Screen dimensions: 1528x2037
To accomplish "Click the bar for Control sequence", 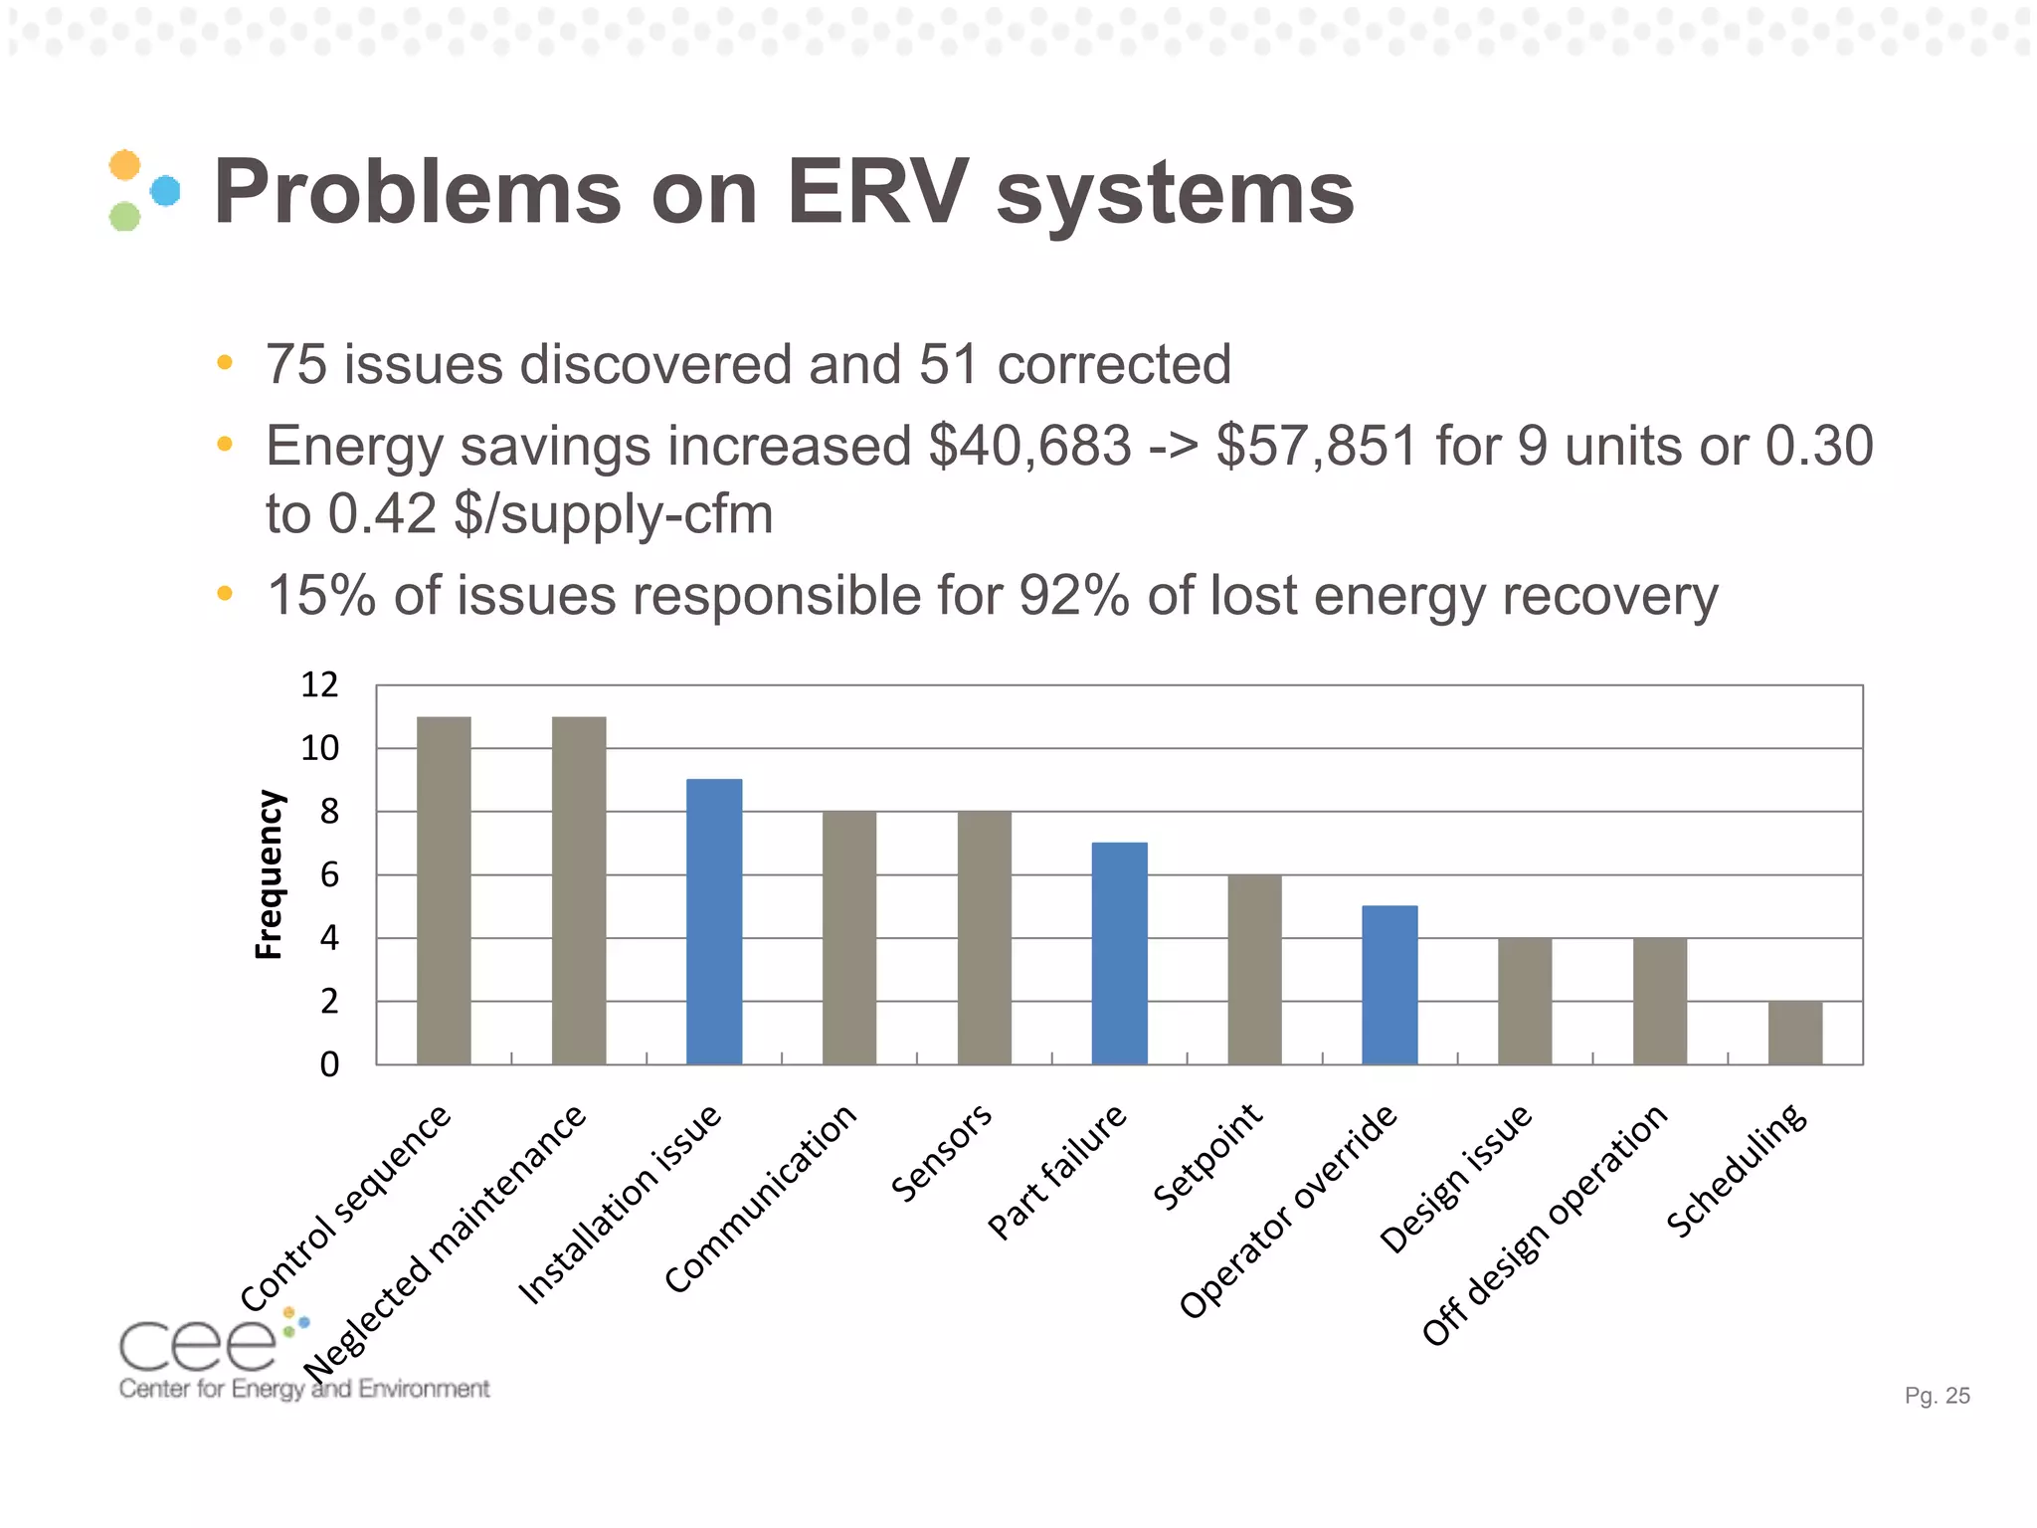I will pyautogui.click(x=444, y=890).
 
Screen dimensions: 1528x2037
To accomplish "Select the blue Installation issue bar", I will pyautogui.click(x=714, y=921).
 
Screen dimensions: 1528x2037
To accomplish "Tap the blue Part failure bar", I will pyautogui.click(x=1119, y=953).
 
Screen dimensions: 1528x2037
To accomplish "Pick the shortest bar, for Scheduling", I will pyautogui.click(x=1794, y=1033).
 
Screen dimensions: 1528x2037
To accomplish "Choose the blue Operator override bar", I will pyautogui.click(x=1389, y=985).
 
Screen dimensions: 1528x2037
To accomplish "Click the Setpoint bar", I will pyautogui.click(x=1254, y=969).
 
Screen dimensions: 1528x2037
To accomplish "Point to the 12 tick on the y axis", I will pyautogui.click(x=319, y=684).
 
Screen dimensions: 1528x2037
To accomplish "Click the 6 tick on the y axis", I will pyautogui.click(x=328, y=874).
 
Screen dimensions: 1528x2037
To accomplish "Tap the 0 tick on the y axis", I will pyautogui.click(x=328, y=1064).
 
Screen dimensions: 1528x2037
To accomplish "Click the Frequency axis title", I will pyautogui.click(x=270, y=874).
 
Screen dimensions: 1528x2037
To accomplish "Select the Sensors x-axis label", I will pyautogui.click(x=941, y=1153).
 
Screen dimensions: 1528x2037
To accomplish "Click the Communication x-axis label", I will pyautogui.click(x=761, y=1199).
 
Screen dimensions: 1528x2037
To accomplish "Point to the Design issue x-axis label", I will pyautogui.click(x=1456, y=1179).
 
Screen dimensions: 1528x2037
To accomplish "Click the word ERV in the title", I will pyautogui.click(x=876, y=192).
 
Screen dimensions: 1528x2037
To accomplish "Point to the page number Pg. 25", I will pyautogui.click(x=1937, y=1396).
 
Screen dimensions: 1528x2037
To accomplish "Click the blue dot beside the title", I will pyautogui.click(x=165, y=190).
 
